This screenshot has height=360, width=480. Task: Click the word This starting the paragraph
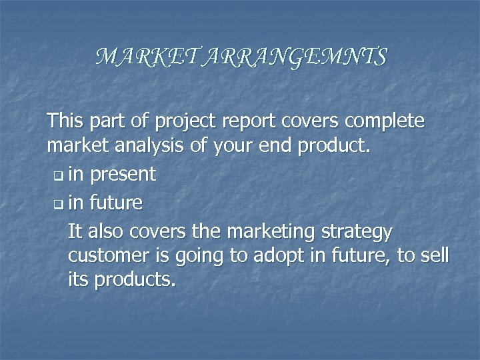click(x=65, y=121)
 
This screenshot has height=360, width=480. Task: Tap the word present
click(x=122, y=175)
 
